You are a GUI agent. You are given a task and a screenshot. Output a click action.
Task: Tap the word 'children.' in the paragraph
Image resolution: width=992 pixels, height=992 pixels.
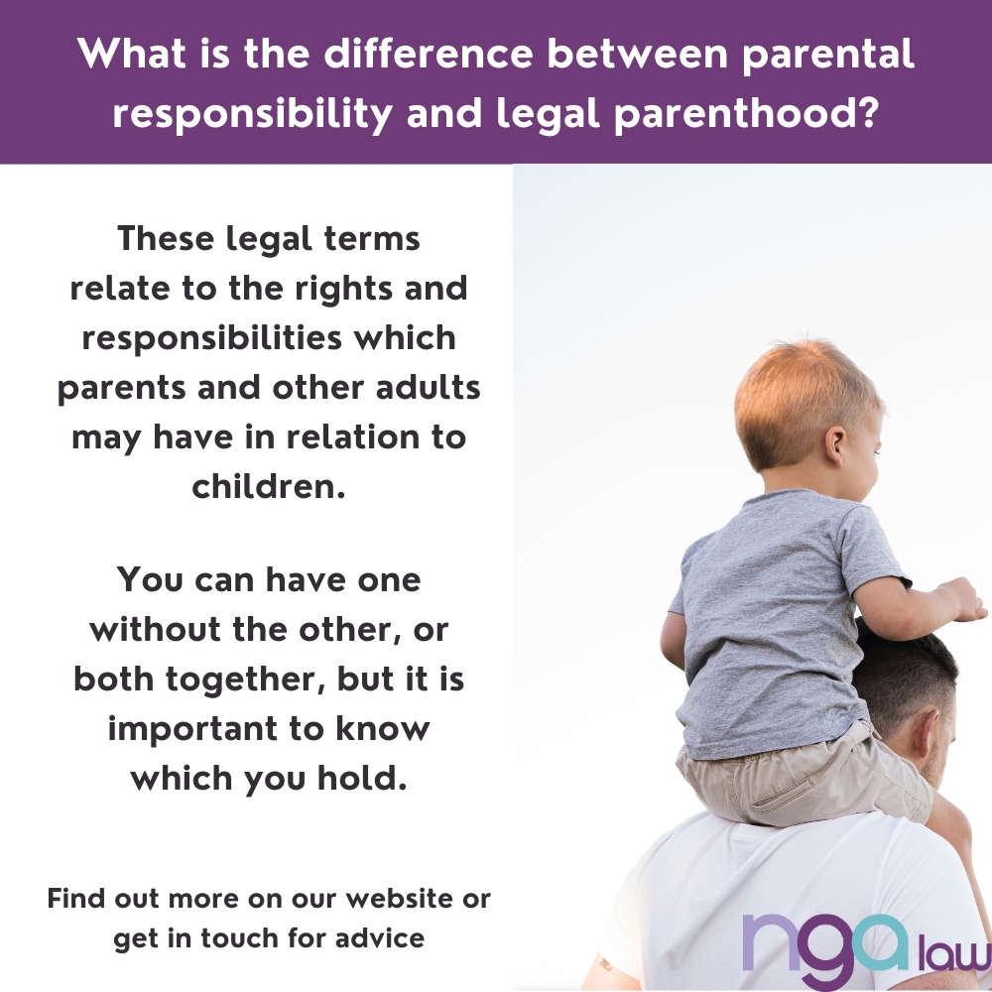click(269, 487)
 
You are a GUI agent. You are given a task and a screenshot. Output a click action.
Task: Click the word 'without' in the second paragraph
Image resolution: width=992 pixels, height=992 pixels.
click(161, 630)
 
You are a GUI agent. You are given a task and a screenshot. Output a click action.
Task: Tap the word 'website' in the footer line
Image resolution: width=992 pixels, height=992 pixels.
click(383, 900)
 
